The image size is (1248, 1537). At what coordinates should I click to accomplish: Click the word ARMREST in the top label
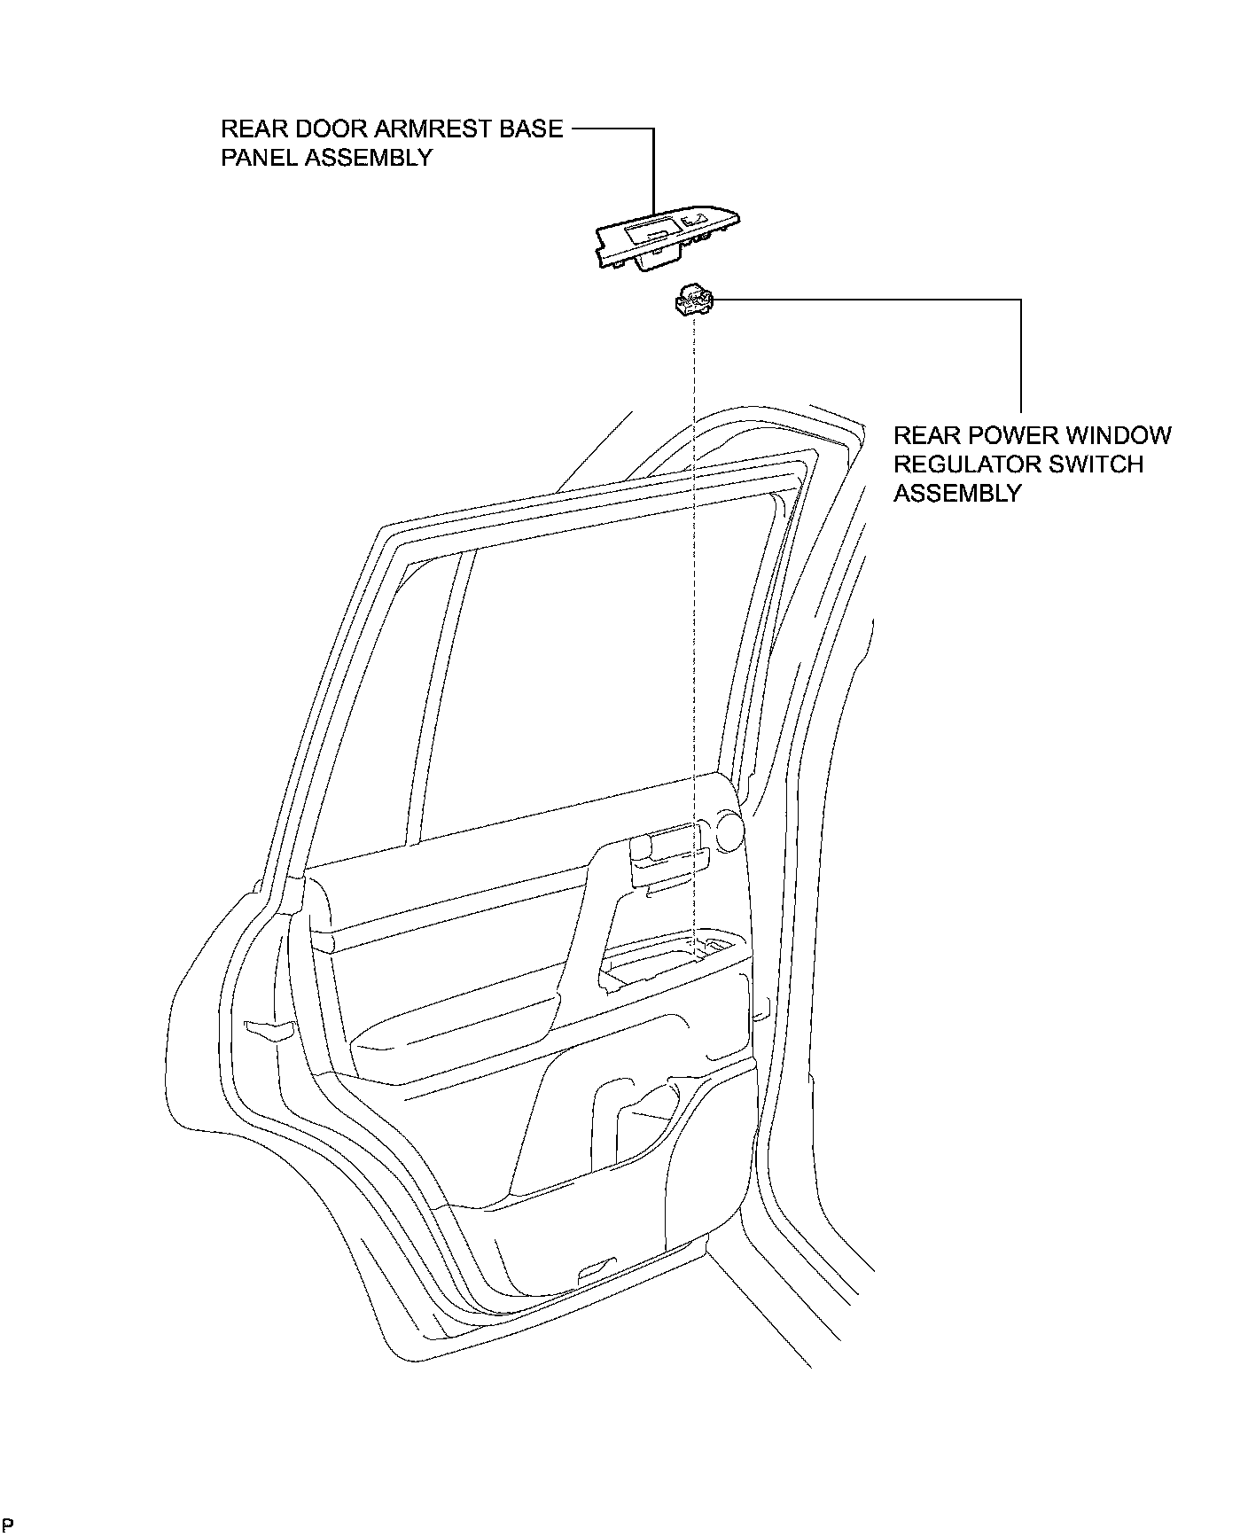[424, 129]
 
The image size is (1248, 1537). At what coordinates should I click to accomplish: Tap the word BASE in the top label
[529, 129]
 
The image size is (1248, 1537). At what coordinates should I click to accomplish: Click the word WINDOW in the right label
[1119, 436]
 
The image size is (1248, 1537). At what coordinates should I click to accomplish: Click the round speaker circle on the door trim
[727, 832]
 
